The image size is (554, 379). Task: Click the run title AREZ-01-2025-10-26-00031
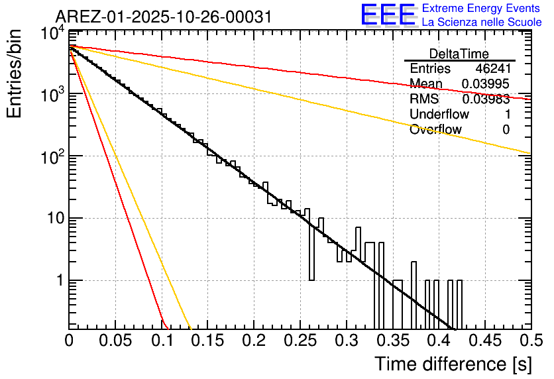[163, 17]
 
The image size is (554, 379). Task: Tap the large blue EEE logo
[388, 15]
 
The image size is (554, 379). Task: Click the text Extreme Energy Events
[482, 9]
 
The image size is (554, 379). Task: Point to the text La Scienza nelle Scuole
[482, 23]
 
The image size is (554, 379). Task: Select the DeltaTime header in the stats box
[459, 54]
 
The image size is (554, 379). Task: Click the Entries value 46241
[492, 69]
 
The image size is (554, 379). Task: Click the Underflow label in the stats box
[439, 115]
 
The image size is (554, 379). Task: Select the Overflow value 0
[506, 130]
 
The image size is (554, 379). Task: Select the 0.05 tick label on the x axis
[115, 342]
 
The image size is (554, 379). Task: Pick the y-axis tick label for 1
[58, 280]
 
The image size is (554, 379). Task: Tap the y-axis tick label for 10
[53, 219]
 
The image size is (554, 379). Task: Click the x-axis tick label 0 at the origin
[69, 342]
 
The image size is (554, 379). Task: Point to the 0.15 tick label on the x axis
[207, 342]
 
